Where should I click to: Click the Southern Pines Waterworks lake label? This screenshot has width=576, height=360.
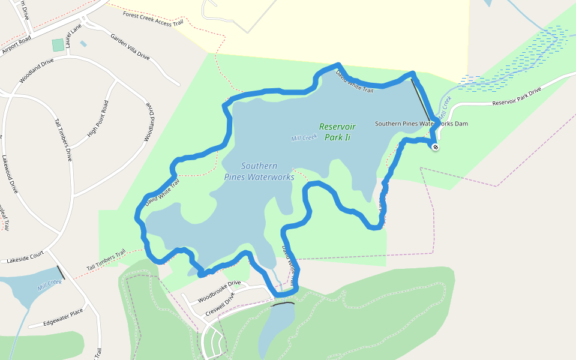click(x=259, y=171)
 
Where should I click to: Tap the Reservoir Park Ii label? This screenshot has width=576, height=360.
click(x=337, y=132)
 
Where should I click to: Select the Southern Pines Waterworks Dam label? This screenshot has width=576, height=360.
click(x=421, y=124)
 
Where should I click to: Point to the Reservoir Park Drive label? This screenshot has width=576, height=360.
click(x=517, y=96)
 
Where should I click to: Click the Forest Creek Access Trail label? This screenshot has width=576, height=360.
click(x=152, y=19)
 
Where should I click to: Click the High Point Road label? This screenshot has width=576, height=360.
click(x=97, y=118)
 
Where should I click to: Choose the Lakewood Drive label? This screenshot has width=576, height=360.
click(x=11, y=175)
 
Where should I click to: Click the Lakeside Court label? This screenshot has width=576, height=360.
click(x=25, y=257)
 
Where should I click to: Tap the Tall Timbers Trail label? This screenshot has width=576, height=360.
click(x=106, y=259)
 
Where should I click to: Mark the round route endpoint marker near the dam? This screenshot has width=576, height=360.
click(x=435, y=147)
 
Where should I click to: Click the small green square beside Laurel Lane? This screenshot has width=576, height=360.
click(x=58, y=45)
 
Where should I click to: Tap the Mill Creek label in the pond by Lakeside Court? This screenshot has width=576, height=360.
click(x=49, y=285)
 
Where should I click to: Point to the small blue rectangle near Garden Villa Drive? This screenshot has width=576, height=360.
click(x=83, y=44)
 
